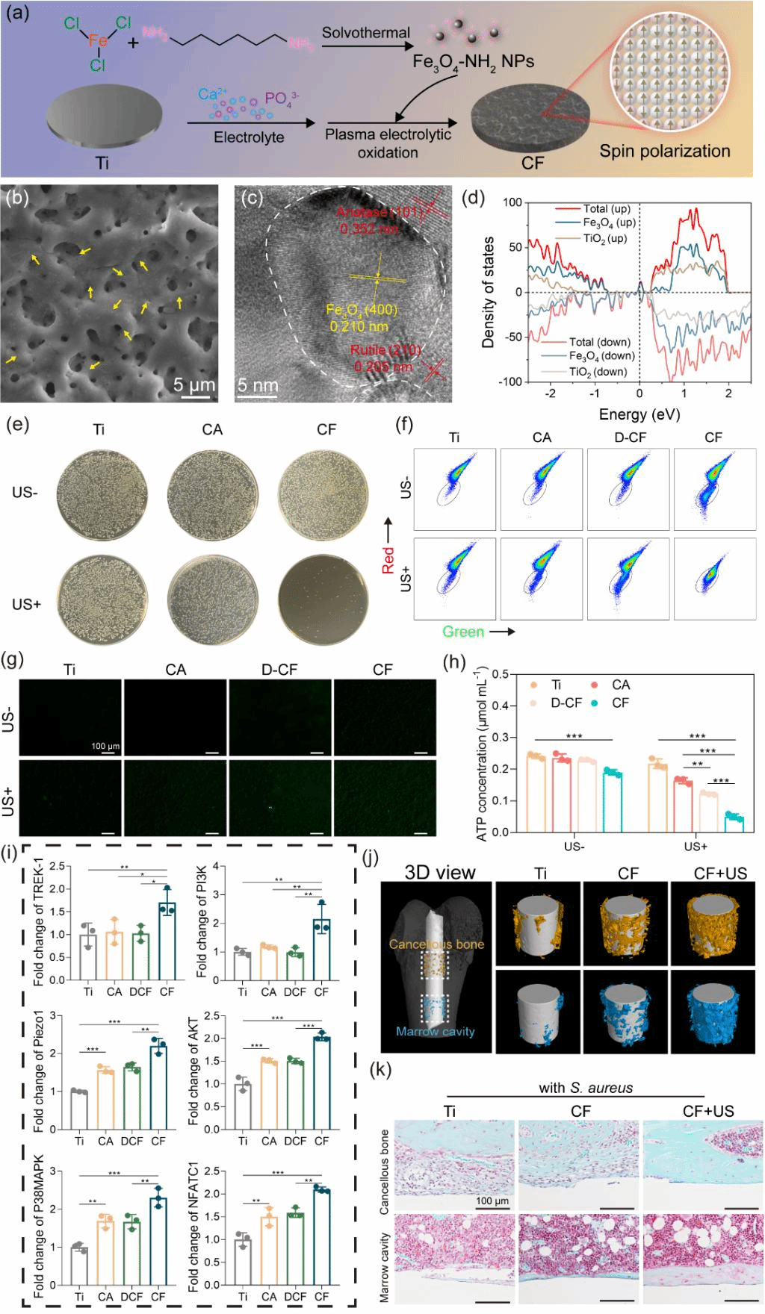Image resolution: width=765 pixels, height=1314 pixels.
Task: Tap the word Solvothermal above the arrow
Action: pyautogui.click(x=365, y=33)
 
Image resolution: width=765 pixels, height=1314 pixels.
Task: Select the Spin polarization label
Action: pyautogui.click(x=664, y=152)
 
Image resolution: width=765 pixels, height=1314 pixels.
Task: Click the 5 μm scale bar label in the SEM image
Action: pyautogui.click(x=193, y=384)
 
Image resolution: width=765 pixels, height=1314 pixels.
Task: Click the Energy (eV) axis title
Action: pyautogui.click(x=639, y=414)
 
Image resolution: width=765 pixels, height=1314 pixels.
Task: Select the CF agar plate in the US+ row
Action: pyautogui.click(x=323, y=600)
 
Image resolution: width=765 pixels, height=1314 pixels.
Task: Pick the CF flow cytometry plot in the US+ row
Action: pyautogui.click(x=713, y=579)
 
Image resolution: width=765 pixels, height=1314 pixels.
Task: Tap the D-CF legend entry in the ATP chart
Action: pyautogui.click(x=566, y=703)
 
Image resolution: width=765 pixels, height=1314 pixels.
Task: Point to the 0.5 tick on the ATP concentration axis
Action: pyautogui.click(x=500, y=674)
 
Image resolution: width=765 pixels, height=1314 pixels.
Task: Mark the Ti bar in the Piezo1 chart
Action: pyautogui.click(x=79, y=1110)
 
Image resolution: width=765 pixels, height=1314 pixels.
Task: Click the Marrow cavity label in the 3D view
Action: pyautogui.click(x=436, y=1031)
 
